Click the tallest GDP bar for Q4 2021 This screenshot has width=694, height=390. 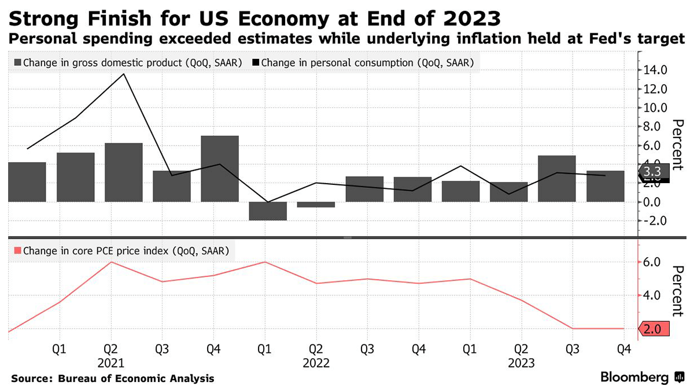[220, 169]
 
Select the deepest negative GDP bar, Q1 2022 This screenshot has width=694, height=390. [268, 211]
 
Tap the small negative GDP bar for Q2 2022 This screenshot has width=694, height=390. [316, 205]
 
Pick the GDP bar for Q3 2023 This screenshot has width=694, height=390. [556, 179]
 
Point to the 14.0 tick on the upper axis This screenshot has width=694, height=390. [655, 70]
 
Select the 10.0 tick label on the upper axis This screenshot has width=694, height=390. [655, 107]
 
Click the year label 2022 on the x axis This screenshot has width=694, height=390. [316, 364]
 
